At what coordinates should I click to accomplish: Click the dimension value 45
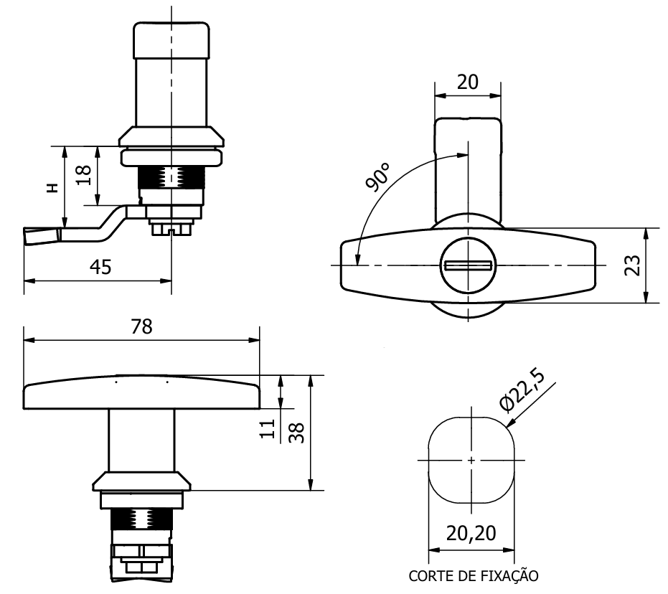click(x=100, y=267)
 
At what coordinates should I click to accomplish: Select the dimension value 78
click(x=141, y=326)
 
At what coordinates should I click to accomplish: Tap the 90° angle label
click(x=377, y=176)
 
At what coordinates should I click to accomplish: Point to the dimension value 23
click(x=633, y=265)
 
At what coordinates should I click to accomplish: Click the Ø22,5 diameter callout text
click(x=522, y=390)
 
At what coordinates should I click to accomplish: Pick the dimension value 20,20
click(x=471, y=533)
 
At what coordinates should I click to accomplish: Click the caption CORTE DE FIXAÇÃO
click(x=474, y=576)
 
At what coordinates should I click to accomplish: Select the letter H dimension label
click(x=52, y=188)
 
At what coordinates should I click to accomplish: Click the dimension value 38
click(x=296, y=433)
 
